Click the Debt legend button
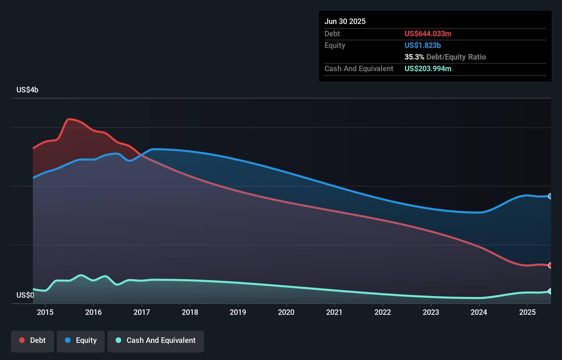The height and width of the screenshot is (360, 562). [33, 341]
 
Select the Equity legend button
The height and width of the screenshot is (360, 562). [81, 341]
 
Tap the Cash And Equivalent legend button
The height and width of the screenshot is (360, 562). [156, 341]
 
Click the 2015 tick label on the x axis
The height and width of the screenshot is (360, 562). [45, 312]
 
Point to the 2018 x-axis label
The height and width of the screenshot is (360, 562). [190, 312]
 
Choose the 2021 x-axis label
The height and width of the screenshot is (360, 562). [334, 312]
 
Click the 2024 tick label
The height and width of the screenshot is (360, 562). [479, 312]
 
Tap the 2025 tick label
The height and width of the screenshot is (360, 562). [527, 312]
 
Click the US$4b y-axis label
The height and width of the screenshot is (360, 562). [27, 90]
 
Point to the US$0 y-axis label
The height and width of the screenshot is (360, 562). [25, 295]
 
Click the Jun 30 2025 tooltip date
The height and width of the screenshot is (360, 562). [345, 21]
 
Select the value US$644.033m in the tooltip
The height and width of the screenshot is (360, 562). [428, 34]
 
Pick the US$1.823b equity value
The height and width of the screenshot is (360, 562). [423, 45]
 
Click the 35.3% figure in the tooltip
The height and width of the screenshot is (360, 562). [414, 57]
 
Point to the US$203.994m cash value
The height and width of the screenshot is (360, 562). [428, 68]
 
